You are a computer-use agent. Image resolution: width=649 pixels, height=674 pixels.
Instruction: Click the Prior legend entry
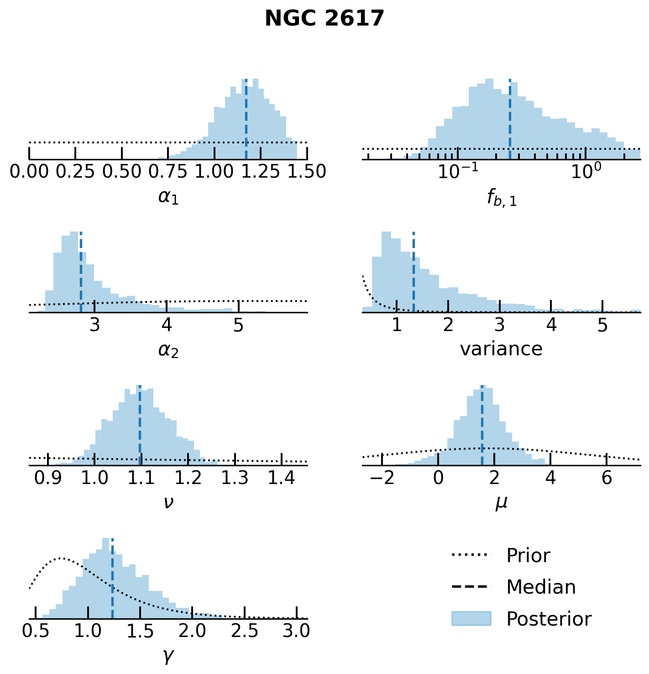[528, 556]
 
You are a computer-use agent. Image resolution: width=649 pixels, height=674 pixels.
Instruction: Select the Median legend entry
[541, 587]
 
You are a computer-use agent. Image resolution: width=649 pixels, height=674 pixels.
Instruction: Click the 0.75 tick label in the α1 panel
[168, 172]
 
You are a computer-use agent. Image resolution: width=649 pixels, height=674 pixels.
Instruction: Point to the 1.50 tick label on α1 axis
[307, 172]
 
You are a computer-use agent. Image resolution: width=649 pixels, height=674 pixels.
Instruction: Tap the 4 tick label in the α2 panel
[167, 325]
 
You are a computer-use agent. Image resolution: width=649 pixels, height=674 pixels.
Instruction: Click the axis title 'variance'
[501, 349]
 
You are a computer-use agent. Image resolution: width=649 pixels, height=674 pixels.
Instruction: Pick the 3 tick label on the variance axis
[500, 325]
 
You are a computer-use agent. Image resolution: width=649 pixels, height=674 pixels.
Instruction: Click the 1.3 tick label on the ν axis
[235, 478]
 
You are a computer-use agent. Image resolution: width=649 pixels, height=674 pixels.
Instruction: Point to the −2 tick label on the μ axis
[382, 478]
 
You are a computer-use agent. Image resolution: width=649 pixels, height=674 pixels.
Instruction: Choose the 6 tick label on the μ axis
[607, 478]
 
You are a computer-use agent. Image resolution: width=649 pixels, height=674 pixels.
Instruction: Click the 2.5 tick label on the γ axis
[245, 631]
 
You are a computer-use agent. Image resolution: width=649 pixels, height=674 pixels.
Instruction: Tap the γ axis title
[168, 656]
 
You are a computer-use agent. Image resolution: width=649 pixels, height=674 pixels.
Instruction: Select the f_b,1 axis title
[501, 198]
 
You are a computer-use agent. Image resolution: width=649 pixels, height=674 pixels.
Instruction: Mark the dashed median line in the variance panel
[413, 274]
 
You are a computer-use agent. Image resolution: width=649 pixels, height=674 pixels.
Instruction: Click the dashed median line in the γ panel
[112, 580]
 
